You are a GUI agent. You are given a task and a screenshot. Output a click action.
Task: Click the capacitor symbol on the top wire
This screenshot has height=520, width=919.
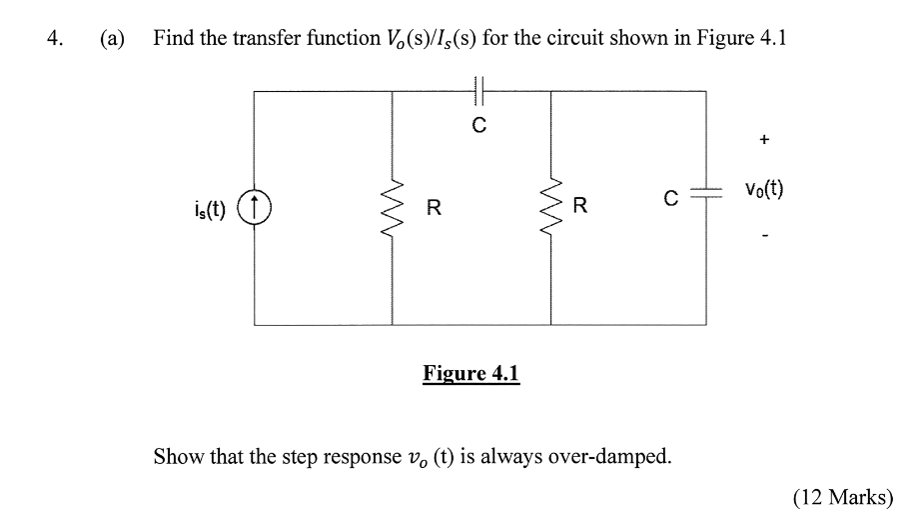pyautogui.click(x=479, y=91)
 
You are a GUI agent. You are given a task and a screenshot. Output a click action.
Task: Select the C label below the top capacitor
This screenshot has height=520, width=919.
pyautogui.click(x=479, y=126)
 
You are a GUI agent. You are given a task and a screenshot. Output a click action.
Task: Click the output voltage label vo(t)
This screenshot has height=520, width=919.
pyautogui.click(x=764, y=189)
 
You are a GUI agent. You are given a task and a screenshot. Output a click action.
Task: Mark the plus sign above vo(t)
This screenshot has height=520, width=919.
pyautogui.click(x=764, y=141)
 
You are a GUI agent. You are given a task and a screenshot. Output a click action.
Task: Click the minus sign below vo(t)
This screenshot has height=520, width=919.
pyautogui.click(x=764, y=237)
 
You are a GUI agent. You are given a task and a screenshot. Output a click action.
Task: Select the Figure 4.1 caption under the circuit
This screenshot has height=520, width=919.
pyautogui.click(x=471, y=374)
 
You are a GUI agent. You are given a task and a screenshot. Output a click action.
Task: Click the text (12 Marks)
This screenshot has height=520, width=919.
pyautogui.click(x=843, y=497)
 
